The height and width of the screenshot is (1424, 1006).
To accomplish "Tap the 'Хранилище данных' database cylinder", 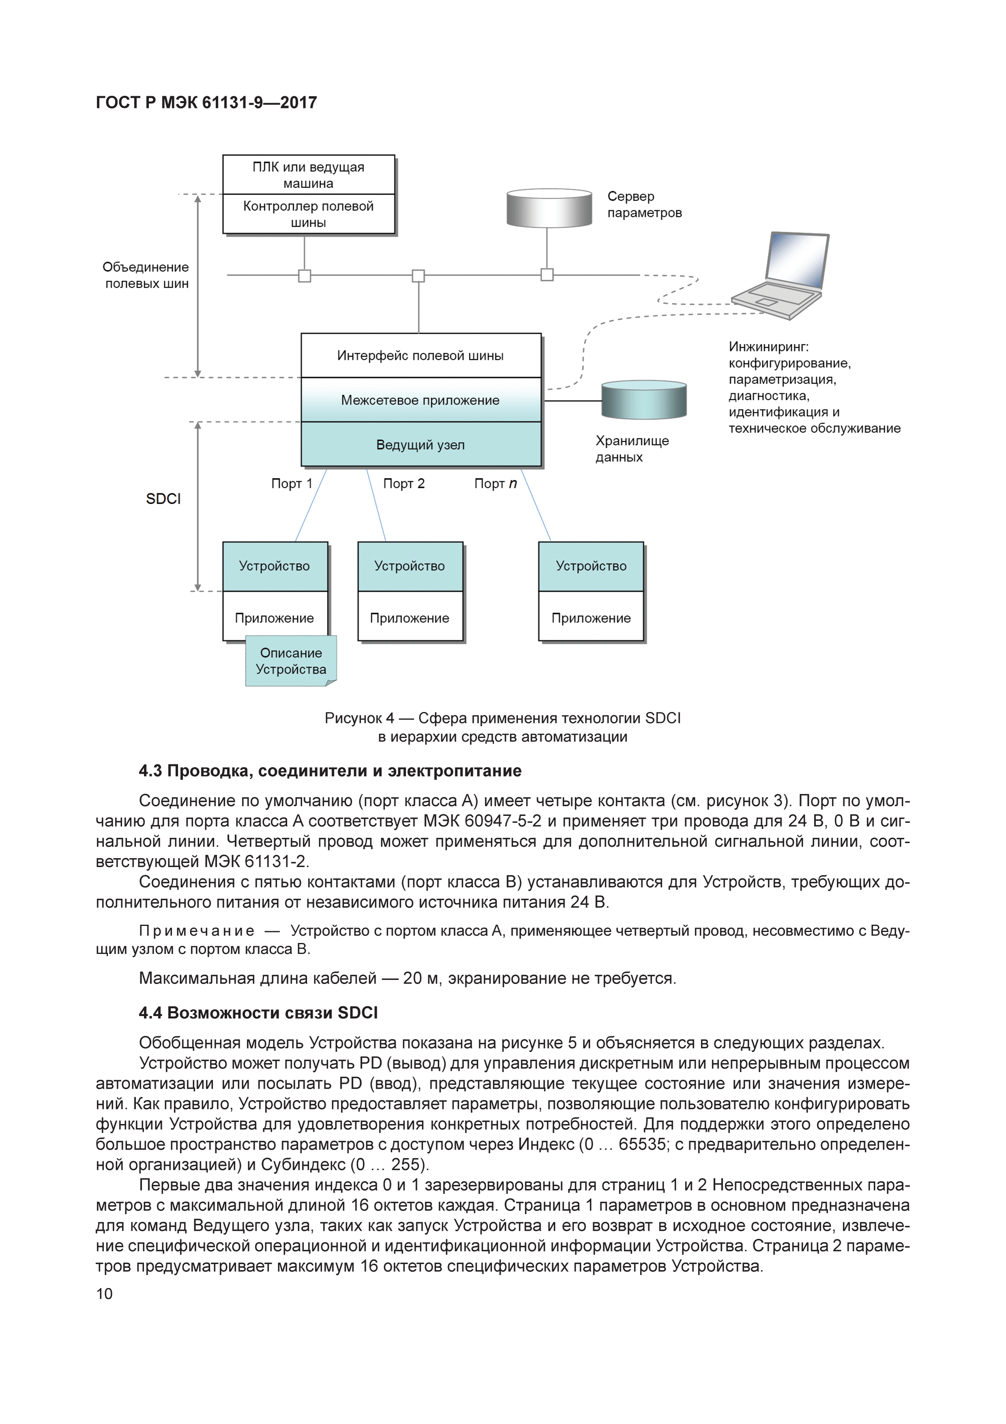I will point(644,400).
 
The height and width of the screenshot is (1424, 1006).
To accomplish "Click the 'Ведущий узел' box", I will point(421,444).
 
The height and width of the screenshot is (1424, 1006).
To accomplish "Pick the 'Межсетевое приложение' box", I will point(421,400).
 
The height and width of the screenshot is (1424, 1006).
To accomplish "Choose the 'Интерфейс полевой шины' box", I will point(421,355).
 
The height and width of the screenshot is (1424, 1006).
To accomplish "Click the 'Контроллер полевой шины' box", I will point(309,214).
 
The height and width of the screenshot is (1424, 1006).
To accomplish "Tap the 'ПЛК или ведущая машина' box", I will point(309,175).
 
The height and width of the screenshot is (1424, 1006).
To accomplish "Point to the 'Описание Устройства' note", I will point(291,661).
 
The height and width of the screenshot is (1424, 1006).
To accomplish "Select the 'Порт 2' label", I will point(404,484).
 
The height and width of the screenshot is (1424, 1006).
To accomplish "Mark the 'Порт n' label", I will point(495,484).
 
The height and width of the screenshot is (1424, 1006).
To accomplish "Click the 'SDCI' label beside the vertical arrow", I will point(163,499).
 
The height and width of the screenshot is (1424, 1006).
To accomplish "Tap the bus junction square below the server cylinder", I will point(547,275).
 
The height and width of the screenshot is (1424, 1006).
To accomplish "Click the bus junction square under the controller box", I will point(304,275).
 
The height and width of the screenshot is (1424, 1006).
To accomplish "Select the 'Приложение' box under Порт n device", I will point(591,618).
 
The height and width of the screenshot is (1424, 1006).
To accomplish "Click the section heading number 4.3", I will point(150,771).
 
